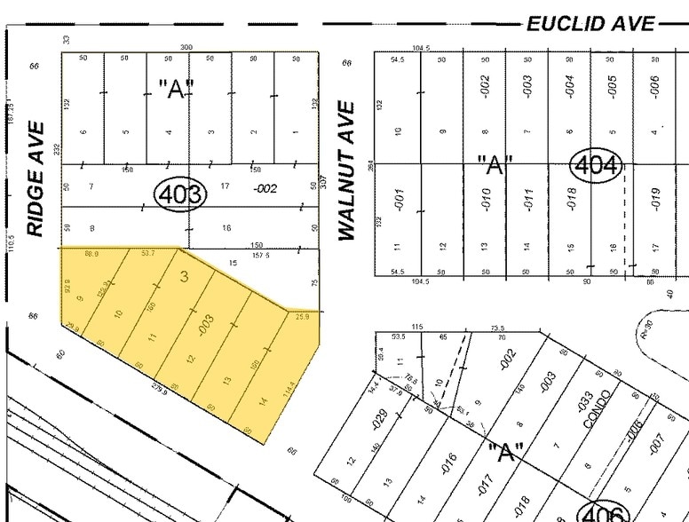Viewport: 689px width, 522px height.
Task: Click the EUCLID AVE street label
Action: (x=591, y=24)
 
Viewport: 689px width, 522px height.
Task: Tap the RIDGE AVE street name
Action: (x=36, y=193)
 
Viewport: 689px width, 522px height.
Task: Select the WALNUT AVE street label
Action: (x=346, y=170)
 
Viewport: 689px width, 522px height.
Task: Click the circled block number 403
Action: (x=180, y=193)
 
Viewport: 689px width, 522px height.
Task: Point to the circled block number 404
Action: (x=597, y=165)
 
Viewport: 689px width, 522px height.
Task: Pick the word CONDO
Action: (x=598, y=408)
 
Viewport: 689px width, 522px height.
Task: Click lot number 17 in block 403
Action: (x=226, y=186)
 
